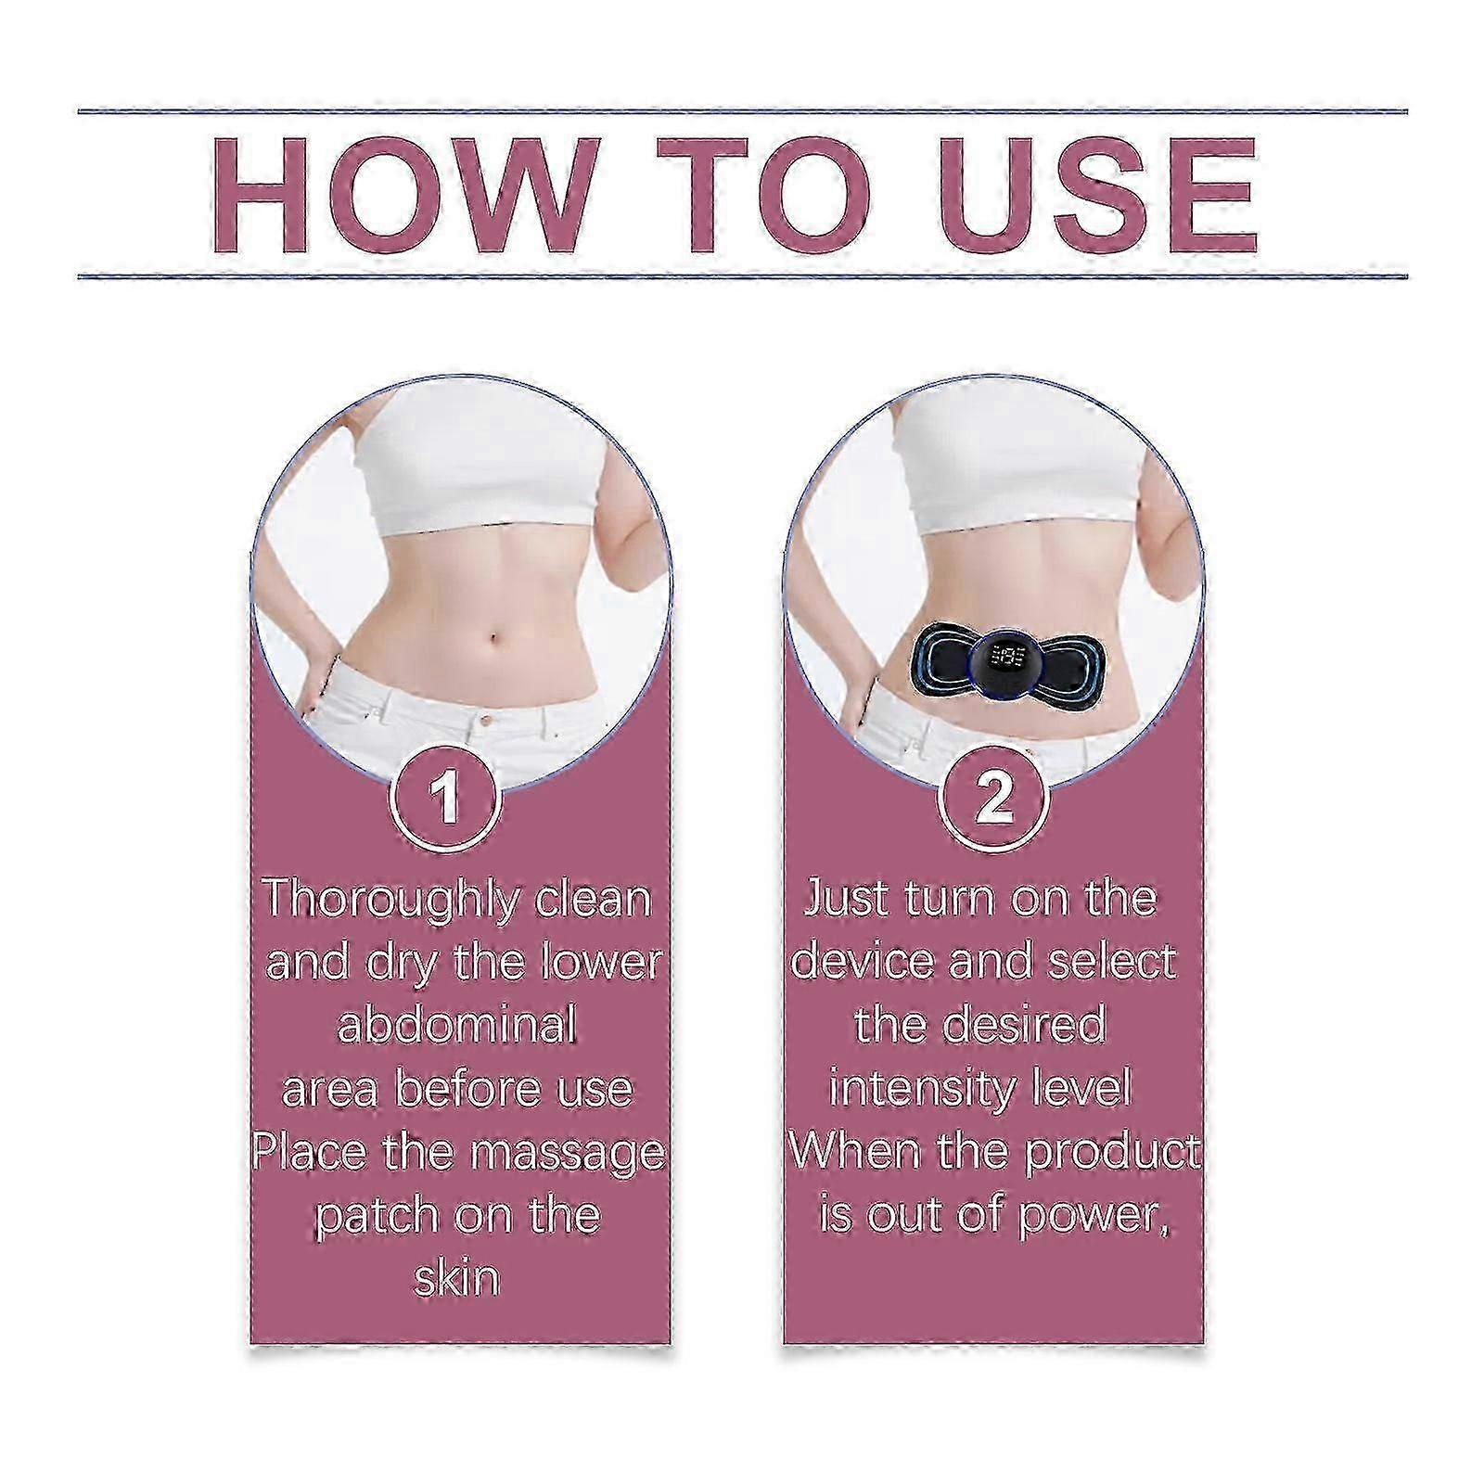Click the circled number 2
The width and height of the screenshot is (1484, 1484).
(x=995, y=799)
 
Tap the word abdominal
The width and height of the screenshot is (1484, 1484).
(x=457, y=1025)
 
